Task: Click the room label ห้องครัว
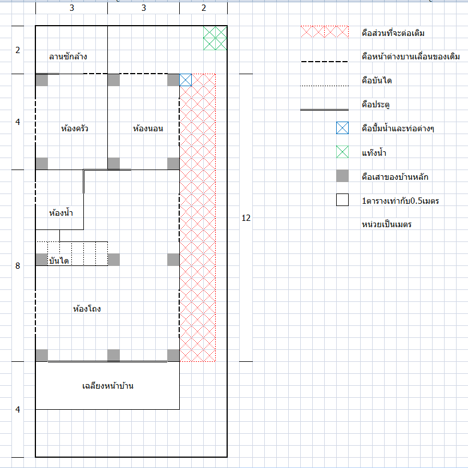(x=74, y=128)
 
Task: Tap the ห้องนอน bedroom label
(x=148, y=128)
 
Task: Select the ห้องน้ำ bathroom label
(x=61, y=213)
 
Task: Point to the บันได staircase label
(x=59, y=261)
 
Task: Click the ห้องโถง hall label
(x=87, y=309)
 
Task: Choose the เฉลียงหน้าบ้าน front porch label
(x=108, y=386)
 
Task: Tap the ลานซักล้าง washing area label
(x=68, y=56)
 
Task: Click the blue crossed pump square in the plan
(x=185, y=80)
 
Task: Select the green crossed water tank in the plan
(x=215, y=38)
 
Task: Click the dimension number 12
(x=247, y=218)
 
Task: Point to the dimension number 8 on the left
(x=18, y=266)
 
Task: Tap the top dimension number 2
(x=204, y=8)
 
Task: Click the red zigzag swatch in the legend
(x=324, y=32)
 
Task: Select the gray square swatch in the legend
(x=342, y=176)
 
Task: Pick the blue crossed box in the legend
(x=342, y=128)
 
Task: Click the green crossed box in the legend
(x=342, y=152)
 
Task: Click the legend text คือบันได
(x=377, y=80)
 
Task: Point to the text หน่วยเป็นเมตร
(x=386, y=224)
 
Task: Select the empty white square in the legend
(x=342, y=200)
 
